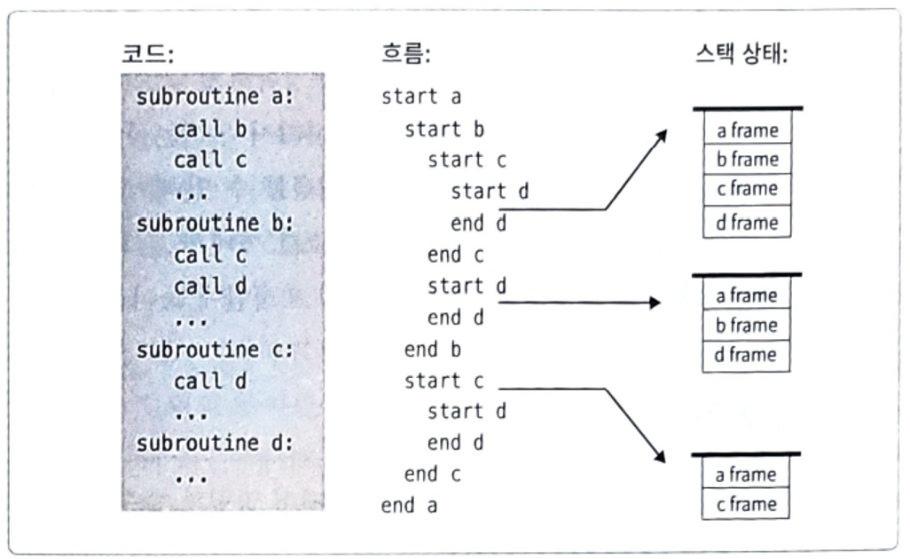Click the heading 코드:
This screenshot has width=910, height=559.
[x=147, y=54]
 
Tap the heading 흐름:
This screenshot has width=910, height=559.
[x=404, y=54]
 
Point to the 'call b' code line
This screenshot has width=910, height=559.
[x=210, y=129]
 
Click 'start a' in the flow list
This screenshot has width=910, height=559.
[x=421, y=97]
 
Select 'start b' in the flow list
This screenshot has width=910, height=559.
[x=444, y=129]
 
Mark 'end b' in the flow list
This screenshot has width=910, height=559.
[x=433, y=350]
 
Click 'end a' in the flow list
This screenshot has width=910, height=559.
[x=410, y=506]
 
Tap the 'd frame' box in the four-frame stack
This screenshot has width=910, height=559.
[x=747, y=223]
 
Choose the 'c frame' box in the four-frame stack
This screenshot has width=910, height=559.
[x=747, y=189]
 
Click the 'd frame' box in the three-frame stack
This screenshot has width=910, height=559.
[x=747, y=355]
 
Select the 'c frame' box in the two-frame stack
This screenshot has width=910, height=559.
[x=747, y=504]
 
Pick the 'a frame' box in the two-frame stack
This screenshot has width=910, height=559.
[x=747, y=475]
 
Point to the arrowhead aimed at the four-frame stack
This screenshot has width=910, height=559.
[x=662, y=134]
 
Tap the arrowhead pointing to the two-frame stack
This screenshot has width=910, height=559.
[x=661, y=458]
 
